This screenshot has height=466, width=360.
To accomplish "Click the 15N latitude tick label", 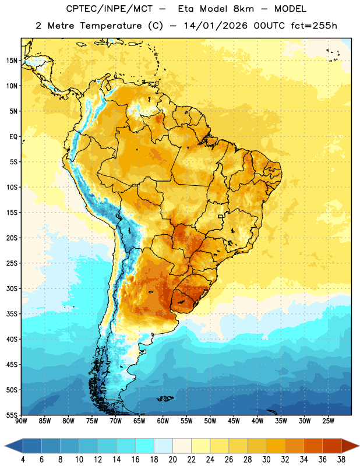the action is (x=12, y=61).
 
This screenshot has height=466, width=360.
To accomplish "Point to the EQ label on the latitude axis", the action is (x=13, y=137).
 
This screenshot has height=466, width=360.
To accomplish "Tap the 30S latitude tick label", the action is (x=12, y=288).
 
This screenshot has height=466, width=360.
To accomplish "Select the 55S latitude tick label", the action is (x=12, y=415).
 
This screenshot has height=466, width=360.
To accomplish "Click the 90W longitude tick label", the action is (x=21, y=421).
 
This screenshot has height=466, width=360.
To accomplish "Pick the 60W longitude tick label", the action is (x=163, y=421).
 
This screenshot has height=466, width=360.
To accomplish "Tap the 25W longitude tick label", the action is (x=328, y=421).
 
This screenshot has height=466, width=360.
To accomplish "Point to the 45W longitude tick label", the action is (x=234, y=421).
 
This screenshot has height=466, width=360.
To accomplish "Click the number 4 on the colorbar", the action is (x=23, y=460).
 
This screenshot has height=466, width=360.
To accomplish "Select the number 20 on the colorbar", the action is (x=172, y=460).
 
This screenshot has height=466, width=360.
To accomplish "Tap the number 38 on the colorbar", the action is (x=341, y=460).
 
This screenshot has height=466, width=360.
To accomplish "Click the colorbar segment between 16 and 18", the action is (x=145, y=446).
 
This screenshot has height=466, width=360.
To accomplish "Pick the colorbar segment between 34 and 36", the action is (x=313, y=446).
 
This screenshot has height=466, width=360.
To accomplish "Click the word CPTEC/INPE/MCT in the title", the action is (x=109, y=9).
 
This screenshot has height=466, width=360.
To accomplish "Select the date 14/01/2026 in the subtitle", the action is (x=216, y=26).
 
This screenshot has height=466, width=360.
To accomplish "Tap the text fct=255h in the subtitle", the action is (x=314, y=26).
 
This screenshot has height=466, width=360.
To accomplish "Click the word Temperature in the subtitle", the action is (x=111, y=26).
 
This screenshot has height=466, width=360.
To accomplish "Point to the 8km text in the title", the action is (x=243, y=9).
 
